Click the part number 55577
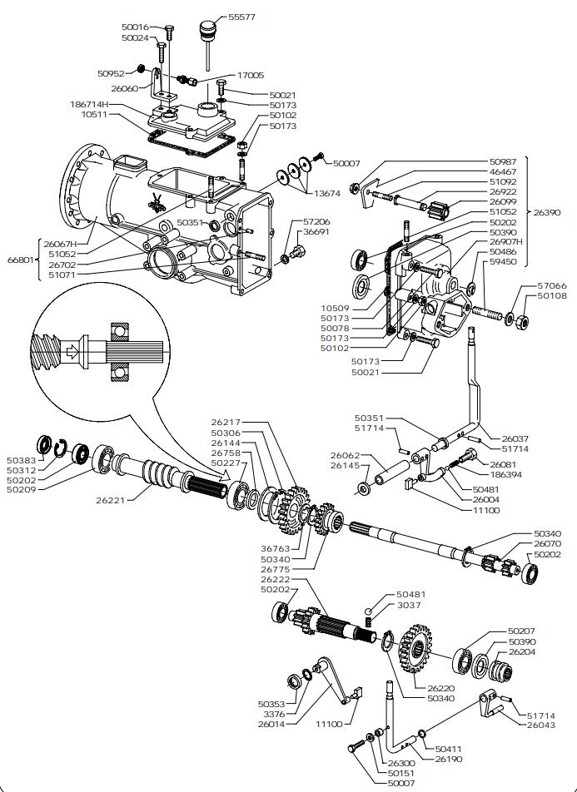pos(243,16)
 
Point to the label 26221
pos(112,501)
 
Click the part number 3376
pos(274,714)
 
